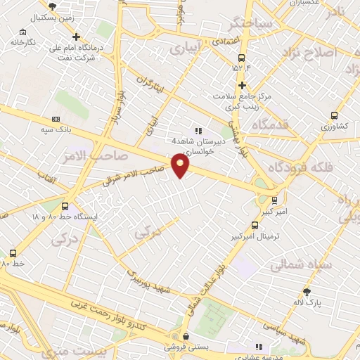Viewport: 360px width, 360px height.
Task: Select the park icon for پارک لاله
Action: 307,292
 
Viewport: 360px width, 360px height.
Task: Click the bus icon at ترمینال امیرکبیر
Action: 254,226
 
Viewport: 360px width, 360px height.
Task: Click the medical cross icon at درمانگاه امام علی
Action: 76,37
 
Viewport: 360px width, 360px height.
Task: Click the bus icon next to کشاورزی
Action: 334,116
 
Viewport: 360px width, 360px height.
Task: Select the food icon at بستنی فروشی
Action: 185,336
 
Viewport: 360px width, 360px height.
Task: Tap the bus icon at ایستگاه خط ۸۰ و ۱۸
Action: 65,207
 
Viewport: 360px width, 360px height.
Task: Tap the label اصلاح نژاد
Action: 310,53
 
